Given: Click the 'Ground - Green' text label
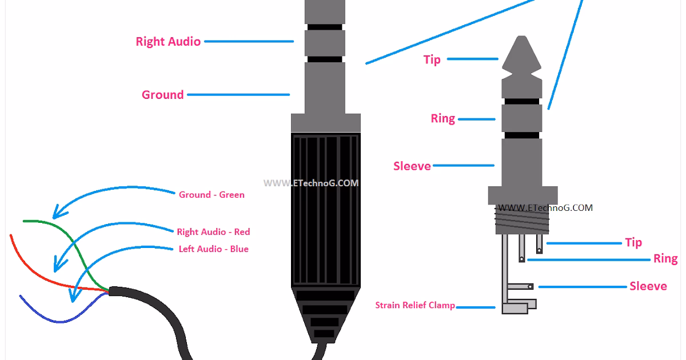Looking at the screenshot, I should click(212, 195).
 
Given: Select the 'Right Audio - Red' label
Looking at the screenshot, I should click(213, 232).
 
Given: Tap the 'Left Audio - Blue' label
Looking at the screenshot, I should click(213, 249).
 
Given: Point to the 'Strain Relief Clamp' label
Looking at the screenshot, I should click(415, 305).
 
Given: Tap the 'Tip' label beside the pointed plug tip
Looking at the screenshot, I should click(432, 59).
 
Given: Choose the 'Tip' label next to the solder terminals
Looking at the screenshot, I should click(633, 242).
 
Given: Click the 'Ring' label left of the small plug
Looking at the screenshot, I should click(443, 119).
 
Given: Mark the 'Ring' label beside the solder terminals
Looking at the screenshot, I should click(665, 259).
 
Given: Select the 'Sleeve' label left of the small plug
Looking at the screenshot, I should click(412, 166).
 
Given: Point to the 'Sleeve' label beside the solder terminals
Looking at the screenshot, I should click(648, 286).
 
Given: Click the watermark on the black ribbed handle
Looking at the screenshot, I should click(311, 183).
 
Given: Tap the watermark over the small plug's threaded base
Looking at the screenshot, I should click(545, 208).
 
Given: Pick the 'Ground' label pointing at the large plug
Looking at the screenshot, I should click(163, 95).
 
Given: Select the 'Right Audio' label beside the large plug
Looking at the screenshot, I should click(168, 42).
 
